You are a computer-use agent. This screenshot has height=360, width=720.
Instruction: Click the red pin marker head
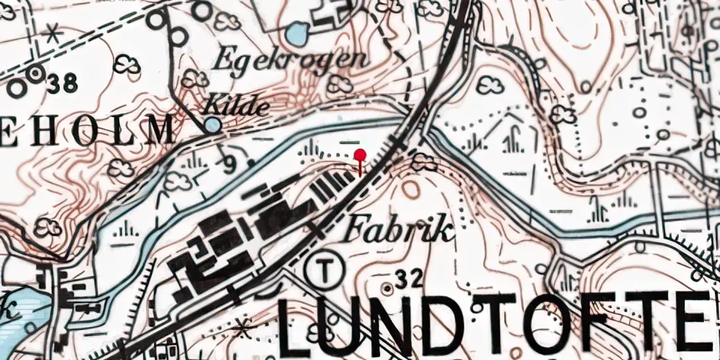pos(360,154)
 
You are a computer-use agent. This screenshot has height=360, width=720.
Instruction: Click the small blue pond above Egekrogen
pos(297,33)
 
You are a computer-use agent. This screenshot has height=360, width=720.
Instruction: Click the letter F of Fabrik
pos(354,230)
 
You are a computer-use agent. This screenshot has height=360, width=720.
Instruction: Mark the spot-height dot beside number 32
pos(389,288)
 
